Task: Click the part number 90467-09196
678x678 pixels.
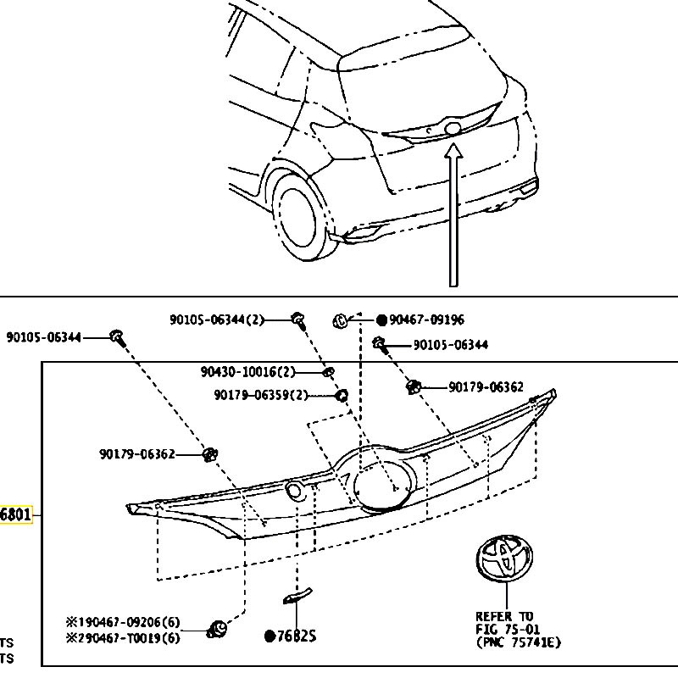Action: coord(426,320)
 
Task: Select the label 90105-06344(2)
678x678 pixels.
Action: coord(217,320)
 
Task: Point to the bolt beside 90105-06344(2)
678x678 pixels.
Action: coord(298,320)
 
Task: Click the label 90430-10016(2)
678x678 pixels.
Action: coord(248,372)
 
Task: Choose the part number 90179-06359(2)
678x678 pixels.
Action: coord(261,394)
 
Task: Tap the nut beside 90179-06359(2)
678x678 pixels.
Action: coord(342,395)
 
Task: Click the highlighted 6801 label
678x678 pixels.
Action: coord(15,514)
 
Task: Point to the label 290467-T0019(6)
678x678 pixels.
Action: coord(130,637)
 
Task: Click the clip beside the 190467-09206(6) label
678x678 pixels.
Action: coord(218,628)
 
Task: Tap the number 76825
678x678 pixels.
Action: coord(295,636)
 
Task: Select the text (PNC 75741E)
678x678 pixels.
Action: coord(518,642)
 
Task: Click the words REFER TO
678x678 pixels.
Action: coord(504,616)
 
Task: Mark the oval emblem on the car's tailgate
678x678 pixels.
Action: coord(453,129)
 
